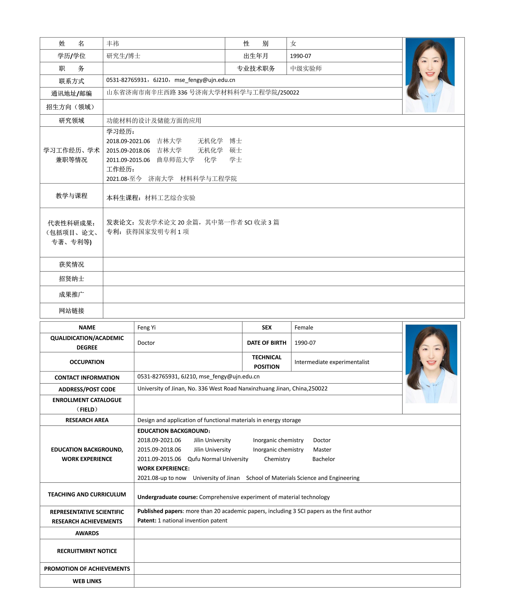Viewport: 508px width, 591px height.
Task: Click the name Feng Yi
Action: click(x=146, y=327)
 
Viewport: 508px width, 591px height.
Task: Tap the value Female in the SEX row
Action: click(x=304, y=327)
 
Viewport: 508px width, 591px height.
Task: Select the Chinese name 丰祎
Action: click(x=113, y=44)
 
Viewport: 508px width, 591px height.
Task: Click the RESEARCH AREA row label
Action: click(x=87, y=420)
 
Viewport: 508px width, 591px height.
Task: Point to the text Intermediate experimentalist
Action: click(x=332, y=362)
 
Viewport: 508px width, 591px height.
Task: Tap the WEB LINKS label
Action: click(x=87, y=581)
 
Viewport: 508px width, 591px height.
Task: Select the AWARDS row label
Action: click(x=87, y=533)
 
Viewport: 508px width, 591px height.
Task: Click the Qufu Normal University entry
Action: click(x=218, y=459)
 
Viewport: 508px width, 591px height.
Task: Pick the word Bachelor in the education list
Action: click(x=324, y=459)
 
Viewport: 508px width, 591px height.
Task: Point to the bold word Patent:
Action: click(x=147, y=521)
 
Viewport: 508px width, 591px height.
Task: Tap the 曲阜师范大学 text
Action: click(x=176, y=160)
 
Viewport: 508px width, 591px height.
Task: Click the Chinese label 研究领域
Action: click(x=72, y=121)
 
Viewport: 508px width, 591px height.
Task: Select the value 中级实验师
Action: click(x=306, y=68)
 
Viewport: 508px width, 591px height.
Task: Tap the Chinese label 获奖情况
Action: click(x=72, y=264)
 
